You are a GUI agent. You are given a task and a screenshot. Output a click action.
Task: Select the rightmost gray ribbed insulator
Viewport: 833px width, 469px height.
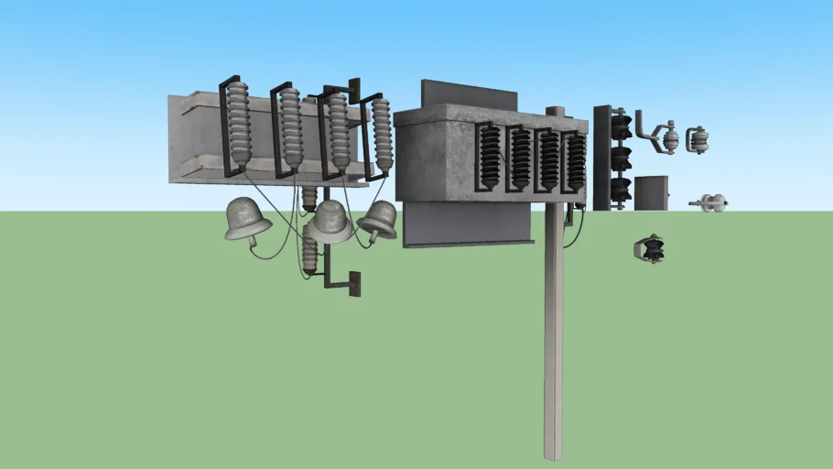click(383, 136)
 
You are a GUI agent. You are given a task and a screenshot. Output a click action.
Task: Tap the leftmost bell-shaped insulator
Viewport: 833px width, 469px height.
click(247, 221)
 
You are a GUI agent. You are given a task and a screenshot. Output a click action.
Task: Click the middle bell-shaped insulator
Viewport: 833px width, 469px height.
click(330, 222)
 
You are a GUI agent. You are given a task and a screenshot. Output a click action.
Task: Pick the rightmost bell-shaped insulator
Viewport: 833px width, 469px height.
click(378, 220)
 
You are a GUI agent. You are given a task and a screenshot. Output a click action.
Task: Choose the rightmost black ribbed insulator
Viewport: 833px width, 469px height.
click(576, 160)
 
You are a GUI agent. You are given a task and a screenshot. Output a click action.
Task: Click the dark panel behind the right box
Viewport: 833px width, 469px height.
click(469, 95)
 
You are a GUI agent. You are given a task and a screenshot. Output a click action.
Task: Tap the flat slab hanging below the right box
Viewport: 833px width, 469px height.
click(467, 224)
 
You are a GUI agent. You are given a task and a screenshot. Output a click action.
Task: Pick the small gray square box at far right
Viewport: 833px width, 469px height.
click(651, 193)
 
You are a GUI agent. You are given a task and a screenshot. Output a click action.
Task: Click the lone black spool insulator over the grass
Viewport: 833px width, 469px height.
click(650, 249)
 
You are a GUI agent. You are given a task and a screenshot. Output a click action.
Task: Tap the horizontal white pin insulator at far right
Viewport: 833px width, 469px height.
click(710, 202)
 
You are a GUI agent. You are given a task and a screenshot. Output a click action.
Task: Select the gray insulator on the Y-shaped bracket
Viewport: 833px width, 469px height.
click(670, 137)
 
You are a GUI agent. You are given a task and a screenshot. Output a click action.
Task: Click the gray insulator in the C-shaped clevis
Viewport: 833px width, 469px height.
click(699, 140)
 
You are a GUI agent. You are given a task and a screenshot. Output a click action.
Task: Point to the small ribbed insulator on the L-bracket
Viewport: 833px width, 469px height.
click(310, 253)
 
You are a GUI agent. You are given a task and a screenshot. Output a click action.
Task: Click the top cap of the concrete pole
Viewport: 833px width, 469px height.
click(556, 112)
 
